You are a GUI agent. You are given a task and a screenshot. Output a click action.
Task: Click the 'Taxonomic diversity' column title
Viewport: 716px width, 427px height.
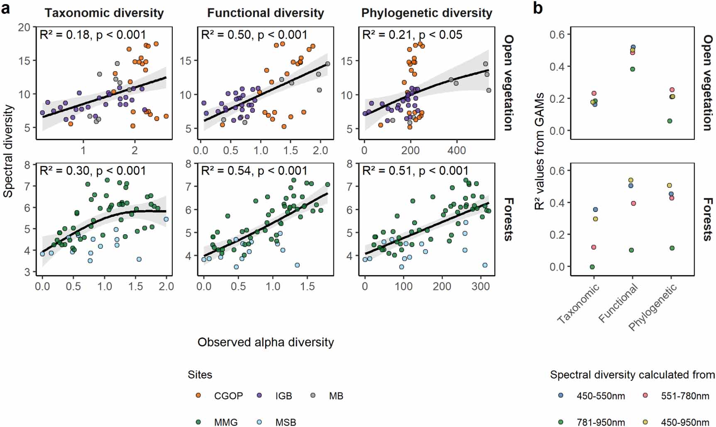point(104,13)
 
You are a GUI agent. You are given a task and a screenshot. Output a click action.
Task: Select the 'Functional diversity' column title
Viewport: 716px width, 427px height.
point(265,13)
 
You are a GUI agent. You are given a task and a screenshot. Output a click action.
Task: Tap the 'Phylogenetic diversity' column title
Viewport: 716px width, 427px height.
point(427,13)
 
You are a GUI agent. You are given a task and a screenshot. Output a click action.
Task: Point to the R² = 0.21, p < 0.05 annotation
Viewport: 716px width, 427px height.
point(412,35)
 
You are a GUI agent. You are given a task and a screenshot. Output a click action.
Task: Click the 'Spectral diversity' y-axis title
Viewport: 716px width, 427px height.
point(8,151)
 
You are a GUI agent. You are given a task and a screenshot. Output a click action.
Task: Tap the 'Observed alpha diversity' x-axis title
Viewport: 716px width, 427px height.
point(266,342)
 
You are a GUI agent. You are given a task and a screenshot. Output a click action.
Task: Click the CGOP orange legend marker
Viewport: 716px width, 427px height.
point(198,395)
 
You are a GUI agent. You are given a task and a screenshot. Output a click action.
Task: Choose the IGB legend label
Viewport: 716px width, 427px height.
point(283,396)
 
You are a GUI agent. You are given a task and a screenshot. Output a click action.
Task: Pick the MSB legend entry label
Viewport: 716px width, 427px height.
point(286,422)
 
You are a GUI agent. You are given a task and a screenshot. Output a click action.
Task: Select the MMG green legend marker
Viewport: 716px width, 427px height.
point(198,422)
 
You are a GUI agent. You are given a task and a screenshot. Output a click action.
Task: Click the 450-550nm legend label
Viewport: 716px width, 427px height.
point(600,396)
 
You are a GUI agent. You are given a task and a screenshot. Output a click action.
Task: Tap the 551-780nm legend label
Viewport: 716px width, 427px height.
point(685,396)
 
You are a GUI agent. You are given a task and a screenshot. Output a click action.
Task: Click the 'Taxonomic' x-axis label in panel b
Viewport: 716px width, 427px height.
point(579,304)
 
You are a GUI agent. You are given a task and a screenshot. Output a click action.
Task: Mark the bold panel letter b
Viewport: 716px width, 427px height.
point(538,8)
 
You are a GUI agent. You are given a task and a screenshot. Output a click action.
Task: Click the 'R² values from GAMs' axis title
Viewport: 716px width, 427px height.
point(539,151)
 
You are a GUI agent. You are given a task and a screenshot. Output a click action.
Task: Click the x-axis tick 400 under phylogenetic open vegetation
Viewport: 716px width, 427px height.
point(456,150)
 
